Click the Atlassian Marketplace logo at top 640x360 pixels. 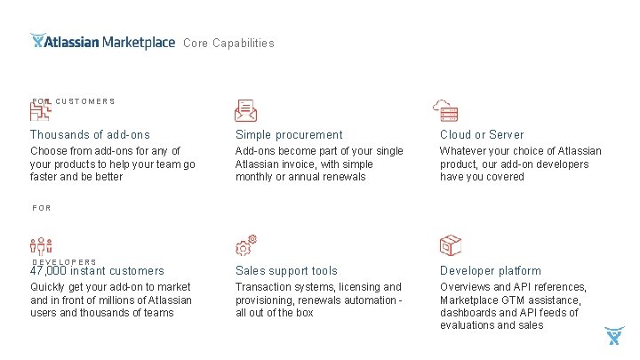(x=102, y=42)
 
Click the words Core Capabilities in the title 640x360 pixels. (x=228, y=43)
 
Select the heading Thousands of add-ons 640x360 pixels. (x=90, y=135)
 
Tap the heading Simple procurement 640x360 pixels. (x=289, y=135)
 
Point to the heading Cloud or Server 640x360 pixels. (x=482, y=135)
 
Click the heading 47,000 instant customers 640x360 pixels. (x=98, y=271)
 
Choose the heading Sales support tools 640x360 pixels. (x=286, y=271)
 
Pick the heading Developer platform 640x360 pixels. (x=490, y=271)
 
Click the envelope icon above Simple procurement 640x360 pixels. (x=246, y=110)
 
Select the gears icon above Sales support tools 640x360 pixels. (x=246, y=245)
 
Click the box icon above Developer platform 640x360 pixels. (x=451, y=245)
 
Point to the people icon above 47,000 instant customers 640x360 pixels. (x=42, y=248)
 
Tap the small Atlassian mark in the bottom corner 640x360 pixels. (x=614, y=336)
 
